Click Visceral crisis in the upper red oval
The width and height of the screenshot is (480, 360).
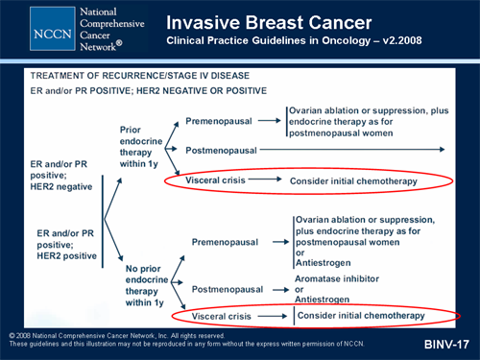pyautogui.click(x=219, y=180)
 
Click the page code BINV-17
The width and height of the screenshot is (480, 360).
pyautogui.click(x=446, y=343)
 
